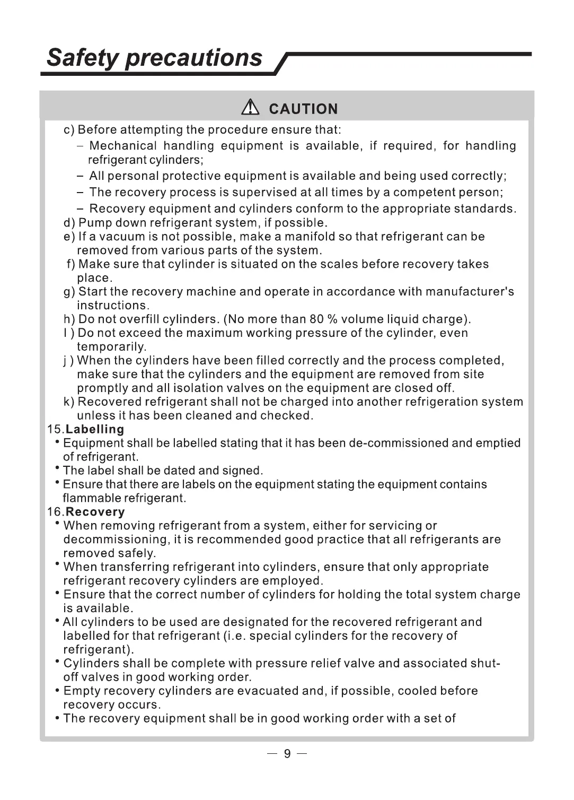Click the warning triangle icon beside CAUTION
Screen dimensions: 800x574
click(x=249, y=108)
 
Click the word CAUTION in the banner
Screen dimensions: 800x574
click(x=303, y=109)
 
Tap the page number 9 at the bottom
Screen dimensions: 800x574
click(x=287, y=754)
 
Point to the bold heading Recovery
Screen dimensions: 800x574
click(x=95, y=512)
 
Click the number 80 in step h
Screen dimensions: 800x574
click(x=316, y=319)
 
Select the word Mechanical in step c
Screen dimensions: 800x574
click(x=123, y=146)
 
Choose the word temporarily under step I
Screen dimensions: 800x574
click(x=111, y=347)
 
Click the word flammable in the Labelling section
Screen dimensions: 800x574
click(x=92, y=498)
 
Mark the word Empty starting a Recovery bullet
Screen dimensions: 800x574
click(x=82, y=691)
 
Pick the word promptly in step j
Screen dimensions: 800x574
click(x=102, y=388)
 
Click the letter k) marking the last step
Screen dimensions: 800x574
click(x=69, y=402)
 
